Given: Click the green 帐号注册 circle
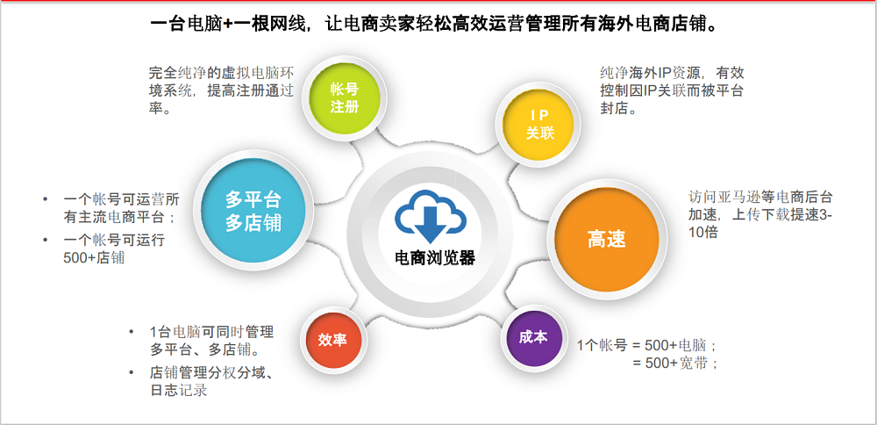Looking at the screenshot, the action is point(344,98).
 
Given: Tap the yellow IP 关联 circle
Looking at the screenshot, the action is point(539,125).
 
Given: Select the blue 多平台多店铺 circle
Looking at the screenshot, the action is point(253,211).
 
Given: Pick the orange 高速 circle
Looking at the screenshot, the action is point(607,239).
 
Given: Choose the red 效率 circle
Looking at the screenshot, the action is point(333,340).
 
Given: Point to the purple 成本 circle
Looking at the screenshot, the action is point(533,338).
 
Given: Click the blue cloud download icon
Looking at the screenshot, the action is point(431,216).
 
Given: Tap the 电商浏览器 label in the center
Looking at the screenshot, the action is point(435,259).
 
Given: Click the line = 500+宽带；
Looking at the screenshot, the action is point(675,363).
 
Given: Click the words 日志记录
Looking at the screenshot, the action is point(178,390).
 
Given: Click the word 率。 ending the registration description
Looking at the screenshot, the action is point(160,108).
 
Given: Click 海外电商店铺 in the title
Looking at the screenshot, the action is point(652,25).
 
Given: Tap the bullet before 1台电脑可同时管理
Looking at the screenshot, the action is point(132,332).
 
